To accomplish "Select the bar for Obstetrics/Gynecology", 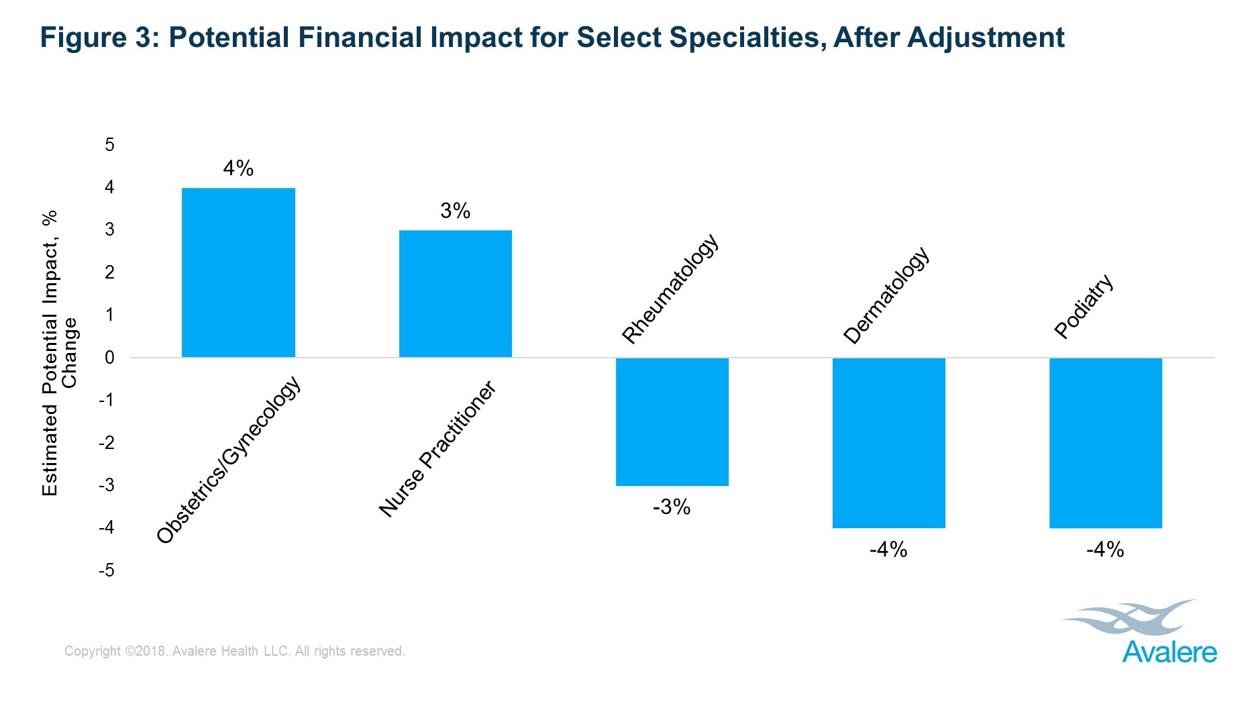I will click(238, 272).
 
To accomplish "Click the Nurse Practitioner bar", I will click(455, 293).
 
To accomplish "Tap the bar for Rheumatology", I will click(672, 421).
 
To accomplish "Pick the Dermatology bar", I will click(888, 443).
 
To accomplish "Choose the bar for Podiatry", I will click(1105, 443).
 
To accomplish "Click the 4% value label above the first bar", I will click(238, 168).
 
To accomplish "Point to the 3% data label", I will click(455, 211).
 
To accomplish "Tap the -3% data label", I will click(671, 507).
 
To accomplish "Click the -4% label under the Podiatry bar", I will click(1104, 550).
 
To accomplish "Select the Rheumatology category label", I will click(670, 289).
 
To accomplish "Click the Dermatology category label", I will click(886, 296).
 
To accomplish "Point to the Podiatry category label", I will click(1084, 306).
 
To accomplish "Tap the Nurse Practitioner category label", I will click(437, 449).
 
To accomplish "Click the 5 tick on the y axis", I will click(109, 145).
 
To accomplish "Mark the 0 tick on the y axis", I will click(109, 358).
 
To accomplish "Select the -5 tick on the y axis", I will click(107, 571).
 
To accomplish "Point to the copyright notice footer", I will click(234, 651).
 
